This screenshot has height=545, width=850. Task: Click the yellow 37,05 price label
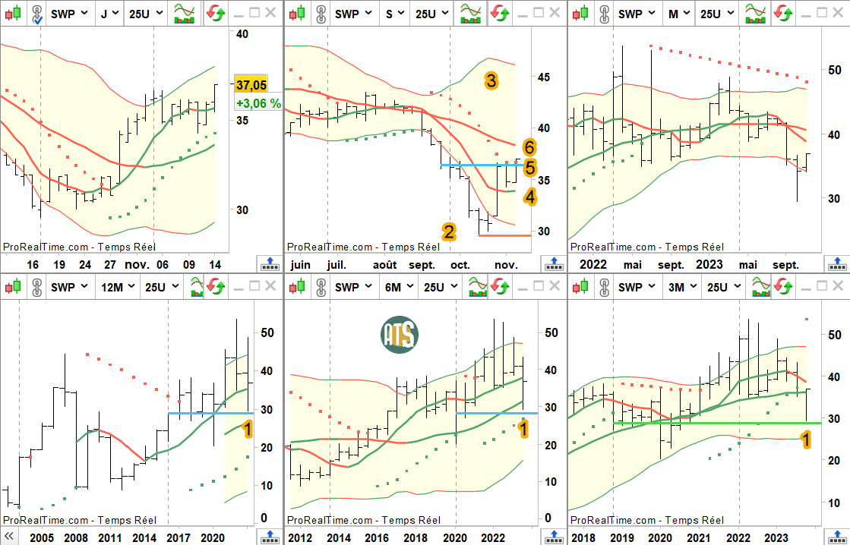click(251, 84)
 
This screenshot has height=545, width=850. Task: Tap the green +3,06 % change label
click(258, 103)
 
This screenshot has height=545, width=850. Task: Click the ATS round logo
click(400, 335)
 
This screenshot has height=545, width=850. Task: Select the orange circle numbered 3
click(491, 81)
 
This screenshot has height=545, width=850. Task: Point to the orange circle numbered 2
click(448, 232)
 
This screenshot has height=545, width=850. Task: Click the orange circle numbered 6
click(529, 147)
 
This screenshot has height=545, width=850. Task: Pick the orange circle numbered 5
click(529, 168)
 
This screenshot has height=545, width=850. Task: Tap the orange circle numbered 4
click(529, 197)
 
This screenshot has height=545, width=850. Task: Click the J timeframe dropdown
click(110, 14)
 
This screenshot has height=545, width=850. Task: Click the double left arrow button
click(8, 536)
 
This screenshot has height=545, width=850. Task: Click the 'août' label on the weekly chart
click(384, 265)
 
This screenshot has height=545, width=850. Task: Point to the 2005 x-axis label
click(42, 538)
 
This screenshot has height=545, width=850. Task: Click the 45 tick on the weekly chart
click(543, 77)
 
